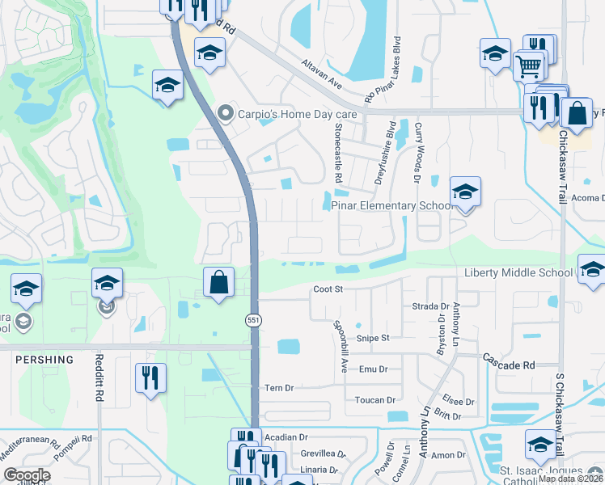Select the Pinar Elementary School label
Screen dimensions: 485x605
(391, 206)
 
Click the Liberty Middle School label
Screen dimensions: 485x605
(518, 272)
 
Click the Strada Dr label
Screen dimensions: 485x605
(430, 307)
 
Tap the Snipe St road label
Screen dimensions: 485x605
(374, 338)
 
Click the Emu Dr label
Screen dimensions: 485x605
(374, 369)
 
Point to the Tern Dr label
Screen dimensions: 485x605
(278, 389)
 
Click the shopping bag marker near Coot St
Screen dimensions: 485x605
(218, 282)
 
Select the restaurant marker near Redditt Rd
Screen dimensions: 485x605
(150, 378)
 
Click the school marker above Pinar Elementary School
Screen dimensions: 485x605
(465, 192)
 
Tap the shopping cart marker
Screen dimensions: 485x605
(529, 64)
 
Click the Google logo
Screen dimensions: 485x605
(27, 475)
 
